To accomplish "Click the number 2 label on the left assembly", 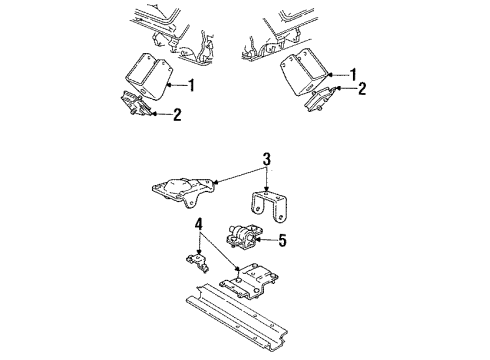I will (x=178, y=115).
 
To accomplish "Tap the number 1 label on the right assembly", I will (x=354, y=75).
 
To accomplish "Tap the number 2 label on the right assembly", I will (x=363, y=89).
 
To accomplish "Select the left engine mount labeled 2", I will (x=137, y=104).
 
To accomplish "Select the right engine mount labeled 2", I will (x=323, y=98).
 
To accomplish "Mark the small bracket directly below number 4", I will (x=195, y=262).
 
